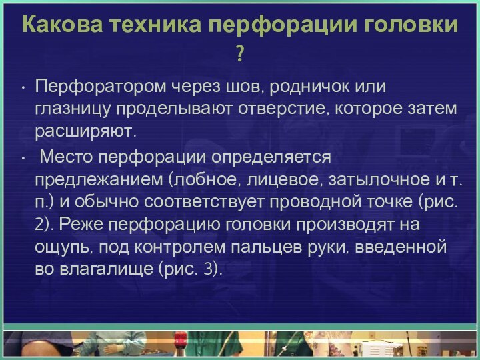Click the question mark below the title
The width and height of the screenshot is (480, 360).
coord(239,52)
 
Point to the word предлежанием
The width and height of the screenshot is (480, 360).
coord(100,179)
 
